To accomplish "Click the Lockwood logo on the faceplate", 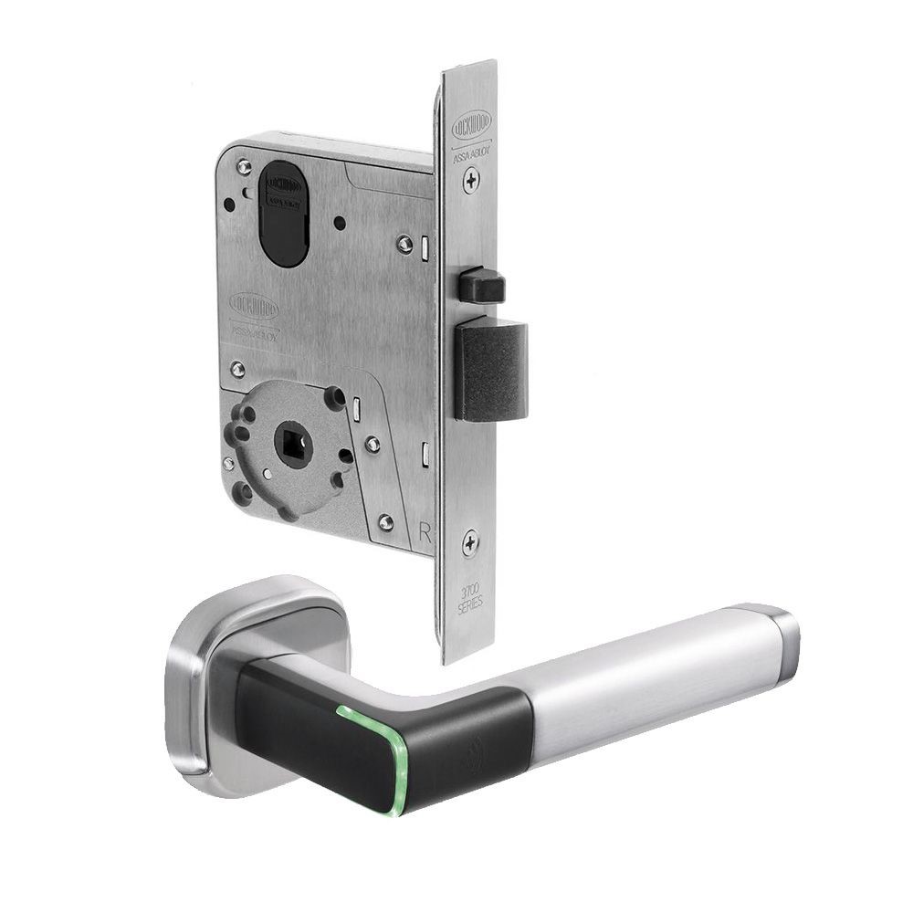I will pos(472,121).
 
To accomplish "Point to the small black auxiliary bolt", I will pos(481,287).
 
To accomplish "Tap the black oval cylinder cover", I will pos(284,214).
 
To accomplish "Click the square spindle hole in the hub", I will pos(293,445).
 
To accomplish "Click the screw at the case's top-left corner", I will pos(244,167).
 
